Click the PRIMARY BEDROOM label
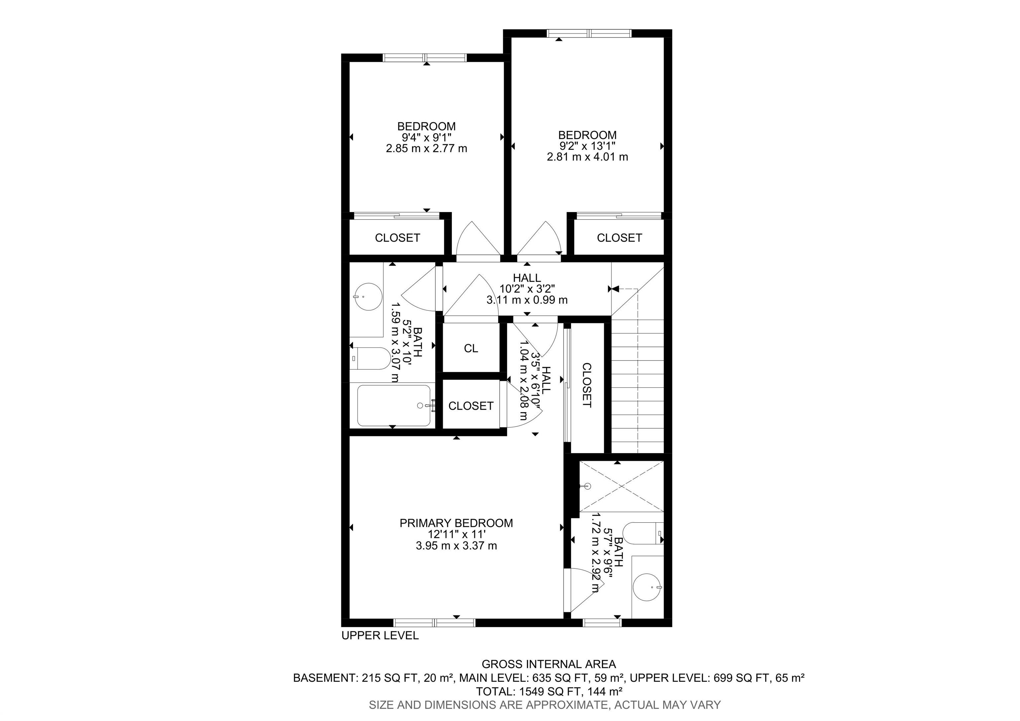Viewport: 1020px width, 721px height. click(456, 523)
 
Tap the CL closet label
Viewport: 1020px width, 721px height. click(471, 349)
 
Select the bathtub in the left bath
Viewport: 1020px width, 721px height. click(393, 405)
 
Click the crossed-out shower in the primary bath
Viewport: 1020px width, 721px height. click(621, 486)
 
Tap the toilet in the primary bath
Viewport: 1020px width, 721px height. click(642, 533)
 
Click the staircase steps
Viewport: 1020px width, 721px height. click(637, 387)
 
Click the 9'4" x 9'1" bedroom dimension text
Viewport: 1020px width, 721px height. click(426, 137)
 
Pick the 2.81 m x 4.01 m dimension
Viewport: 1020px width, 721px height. click(587, 157)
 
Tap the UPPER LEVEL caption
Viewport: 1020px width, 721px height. click(380, 636)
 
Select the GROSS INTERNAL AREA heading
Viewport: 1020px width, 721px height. click(549, 664)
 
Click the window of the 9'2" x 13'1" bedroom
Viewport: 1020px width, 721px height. click(589, 33)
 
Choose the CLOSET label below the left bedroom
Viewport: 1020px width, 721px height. click(397, 238)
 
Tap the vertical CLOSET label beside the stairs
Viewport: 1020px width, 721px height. click(586, 385)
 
